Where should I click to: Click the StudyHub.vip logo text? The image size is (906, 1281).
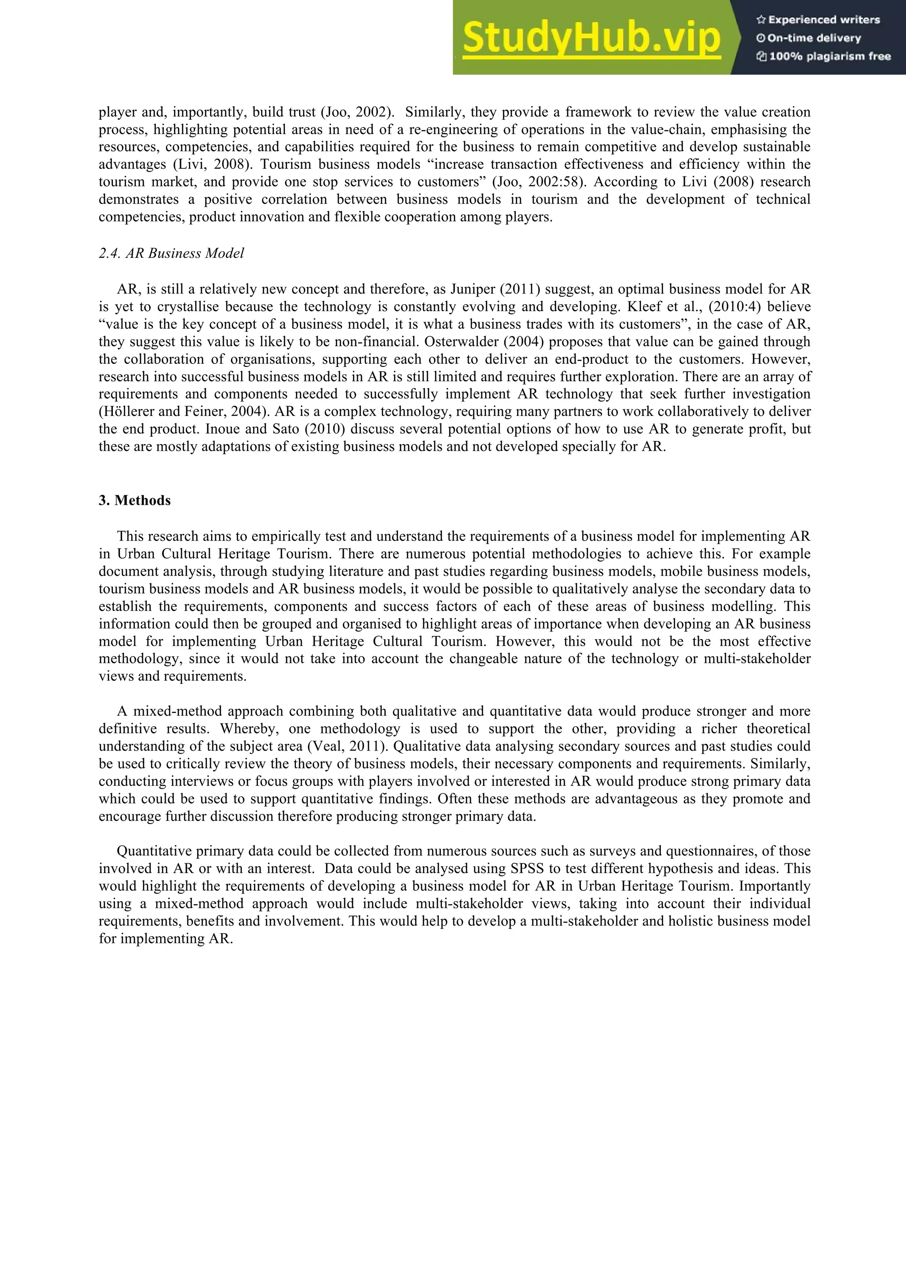point(591,38)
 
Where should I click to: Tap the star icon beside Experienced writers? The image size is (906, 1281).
point(760,20)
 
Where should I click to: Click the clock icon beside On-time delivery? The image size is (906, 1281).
point(760,38)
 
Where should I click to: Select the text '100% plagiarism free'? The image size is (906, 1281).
point(829,56)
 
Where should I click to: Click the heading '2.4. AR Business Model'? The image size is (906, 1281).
point(171,253)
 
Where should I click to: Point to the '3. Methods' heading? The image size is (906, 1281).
point(134,500)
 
